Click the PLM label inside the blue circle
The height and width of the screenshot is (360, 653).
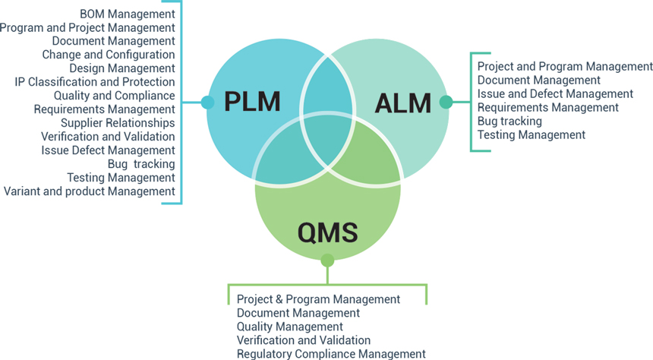[252, 102]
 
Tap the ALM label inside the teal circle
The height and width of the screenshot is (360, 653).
[403, 103]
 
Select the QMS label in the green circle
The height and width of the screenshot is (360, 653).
[328, 231]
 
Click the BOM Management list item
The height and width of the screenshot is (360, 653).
[128, 14]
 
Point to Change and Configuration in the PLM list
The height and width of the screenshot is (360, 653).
[109, 55]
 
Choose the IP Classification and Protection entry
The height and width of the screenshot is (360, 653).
[95, 82]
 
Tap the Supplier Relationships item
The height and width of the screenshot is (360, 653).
[118, 123]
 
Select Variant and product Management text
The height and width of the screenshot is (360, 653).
[90, 191]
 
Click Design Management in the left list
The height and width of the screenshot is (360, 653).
[122, 68]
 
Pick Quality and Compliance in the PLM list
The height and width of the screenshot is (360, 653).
[115, 96]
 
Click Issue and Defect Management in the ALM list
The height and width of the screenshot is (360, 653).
[555, 94]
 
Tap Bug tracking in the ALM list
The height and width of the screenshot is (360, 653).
[509, 122]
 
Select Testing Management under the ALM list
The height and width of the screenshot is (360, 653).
[532, 135]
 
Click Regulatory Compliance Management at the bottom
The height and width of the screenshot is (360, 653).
[331, 354]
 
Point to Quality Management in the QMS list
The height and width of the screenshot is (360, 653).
[290, 327]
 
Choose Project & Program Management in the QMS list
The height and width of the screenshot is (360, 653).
[318, 299]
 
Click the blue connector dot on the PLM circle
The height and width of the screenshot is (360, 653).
[207, 103]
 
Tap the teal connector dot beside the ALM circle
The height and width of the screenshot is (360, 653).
[446, 102]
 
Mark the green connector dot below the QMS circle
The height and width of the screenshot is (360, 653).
[327, 261]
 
